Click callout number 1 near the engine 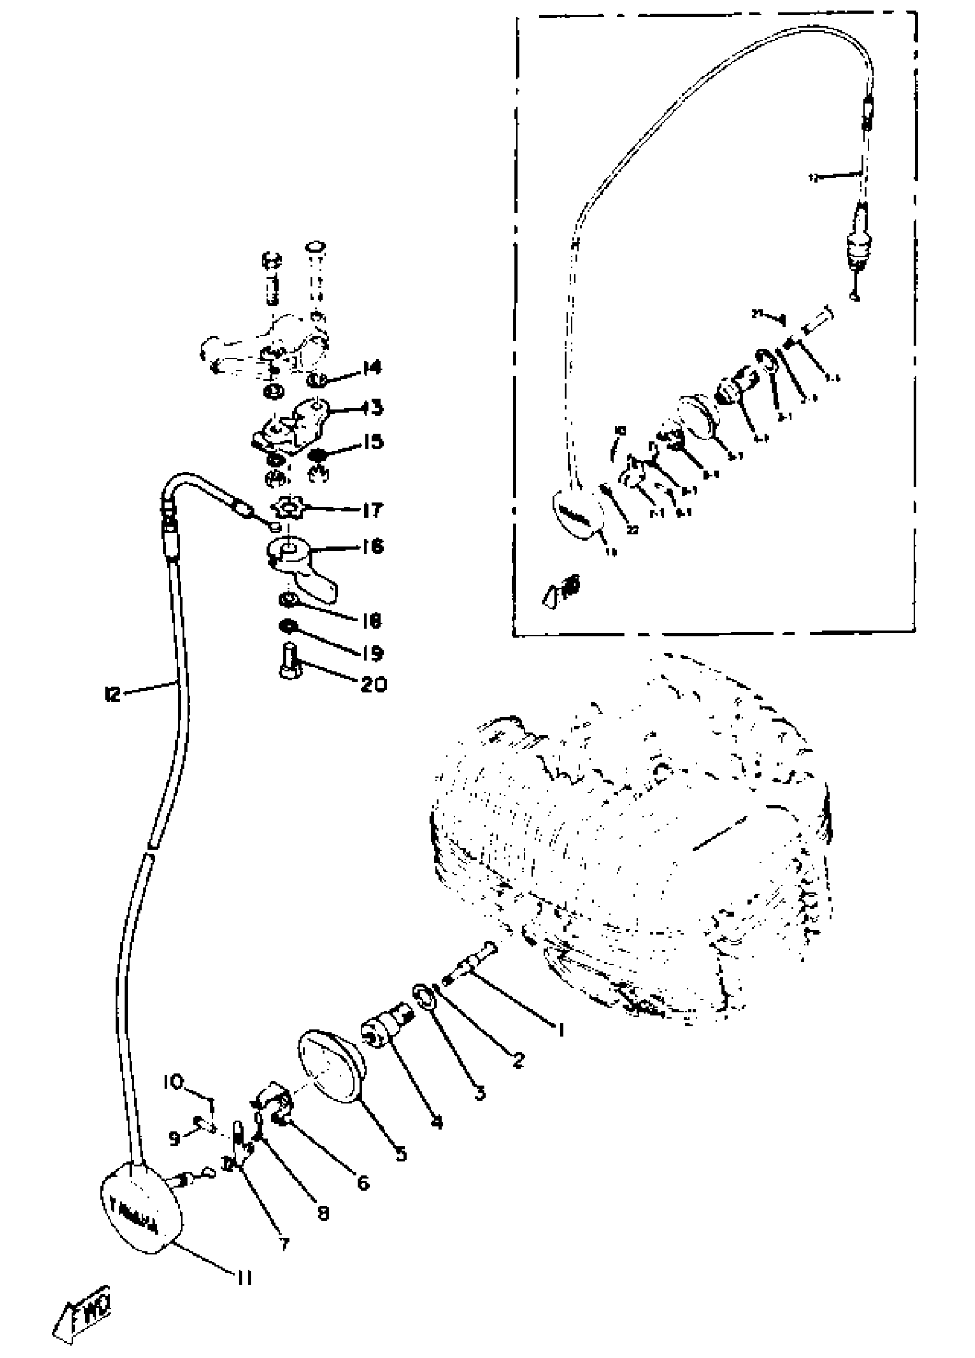tap(561, 1030)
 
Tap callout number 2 tap(518, 1060)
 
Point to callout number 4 tap(437, 1122)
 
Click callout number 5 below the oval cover tap(400, 1153)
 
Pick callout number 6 tap(363, 1183)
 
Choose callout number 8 tap(323, 1214)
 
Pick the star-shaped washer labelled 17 tap(288, 510)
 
